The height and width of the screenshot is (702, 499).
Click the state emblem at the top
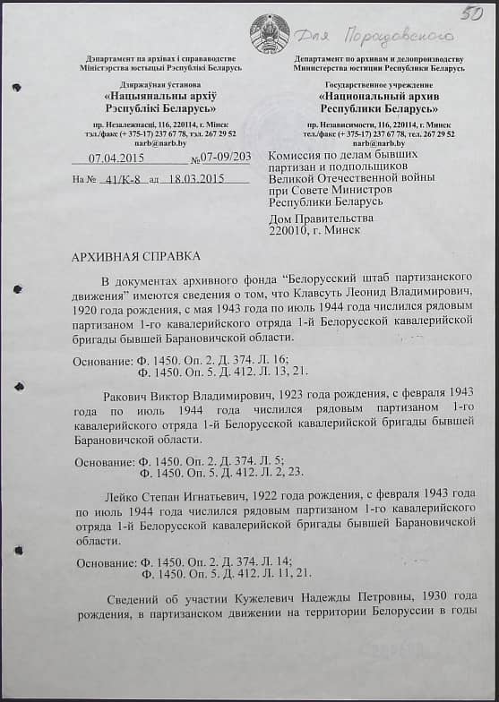(270, 34)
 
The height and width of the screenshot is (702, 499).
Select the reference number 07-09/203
(226, 158)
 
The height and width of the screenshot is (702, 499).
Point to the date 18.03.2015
(193, 178)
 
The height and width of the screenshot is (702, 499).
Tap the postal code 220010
(288, 230)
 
